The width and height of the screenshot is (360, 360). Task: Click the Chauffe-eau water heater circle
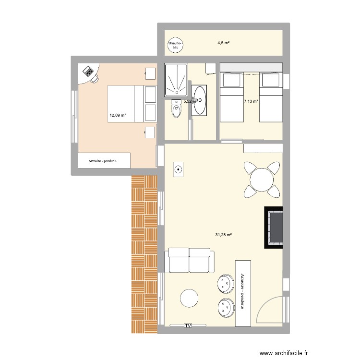pyautogui.click(x=175, y=45)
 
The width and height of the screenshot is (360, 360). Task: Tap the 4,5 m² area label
pyautogui.click(x=223, y=43)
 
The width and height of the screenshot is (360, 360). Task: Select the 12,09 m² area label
pyautogui.click(x=118, y=115)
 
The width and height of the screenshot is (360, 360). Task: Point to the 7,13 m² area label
pyautogui.click(x=251, y=101)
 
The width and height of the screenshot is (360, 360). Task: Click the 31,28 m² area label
pyautogui.click(x=224, y=234)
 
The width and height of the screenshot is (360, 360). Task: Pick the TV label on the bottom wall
pyautogui.click(x=188, y=325)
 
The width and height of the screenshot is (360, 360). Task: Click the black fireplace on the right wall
pyautogui.click(x=274, y=228)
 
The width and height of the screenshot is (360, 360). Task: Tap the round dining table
pyautogui.click(x=261, y=180)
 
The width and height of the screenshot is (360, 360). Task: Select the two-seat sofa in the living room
pyautogui.click(x=189, y=261)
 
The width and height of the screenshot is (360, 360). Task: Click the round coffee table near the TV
pyautogui.click(x=190, y=298)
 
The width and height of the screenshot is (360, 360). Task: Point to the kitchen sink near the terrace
pyautogui.click(x=178, y=169)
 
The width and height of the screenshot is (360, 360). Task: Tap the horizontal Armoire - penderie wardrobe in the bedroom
pyautogui.click(x=104, y=161)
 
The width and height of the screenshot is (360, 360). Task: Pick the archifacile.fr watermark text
pyautogui.click(x=283, y=353)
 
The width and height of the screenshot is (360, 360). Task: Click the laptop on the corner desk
pyautogui.click(x=88, y=72)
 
